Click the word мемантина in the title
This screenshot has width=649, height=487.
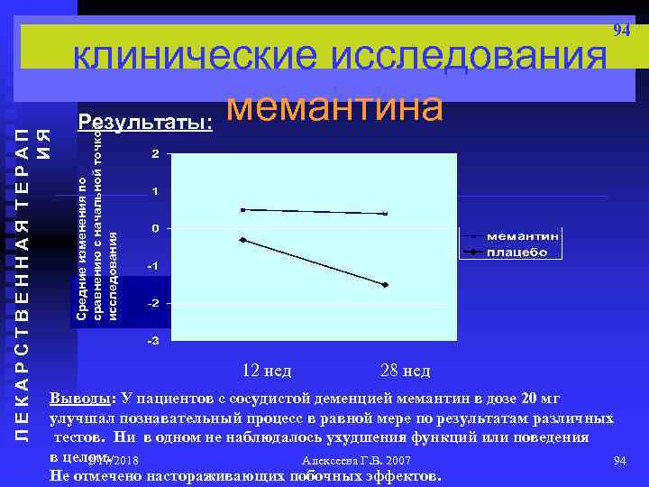334,107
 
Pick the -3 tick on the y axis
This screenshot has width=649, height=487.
153,342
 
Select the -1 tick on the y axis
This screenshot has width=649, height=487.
153,267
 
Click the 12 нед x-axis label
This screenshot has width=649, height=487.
268,371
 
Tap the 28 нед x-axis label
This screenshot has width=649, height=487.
406,371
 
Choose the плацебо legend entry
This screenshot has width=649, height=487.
518,252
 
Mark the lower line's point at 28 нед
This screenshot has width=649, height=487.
385,285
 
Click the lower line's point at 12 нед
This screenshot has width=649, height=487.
242,239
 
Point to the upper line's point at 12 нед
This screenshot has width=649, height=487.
242,210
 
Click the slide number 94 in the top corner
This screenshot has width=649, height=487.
621,31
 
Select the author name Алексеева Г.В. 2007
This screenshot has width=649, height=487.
346,461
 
